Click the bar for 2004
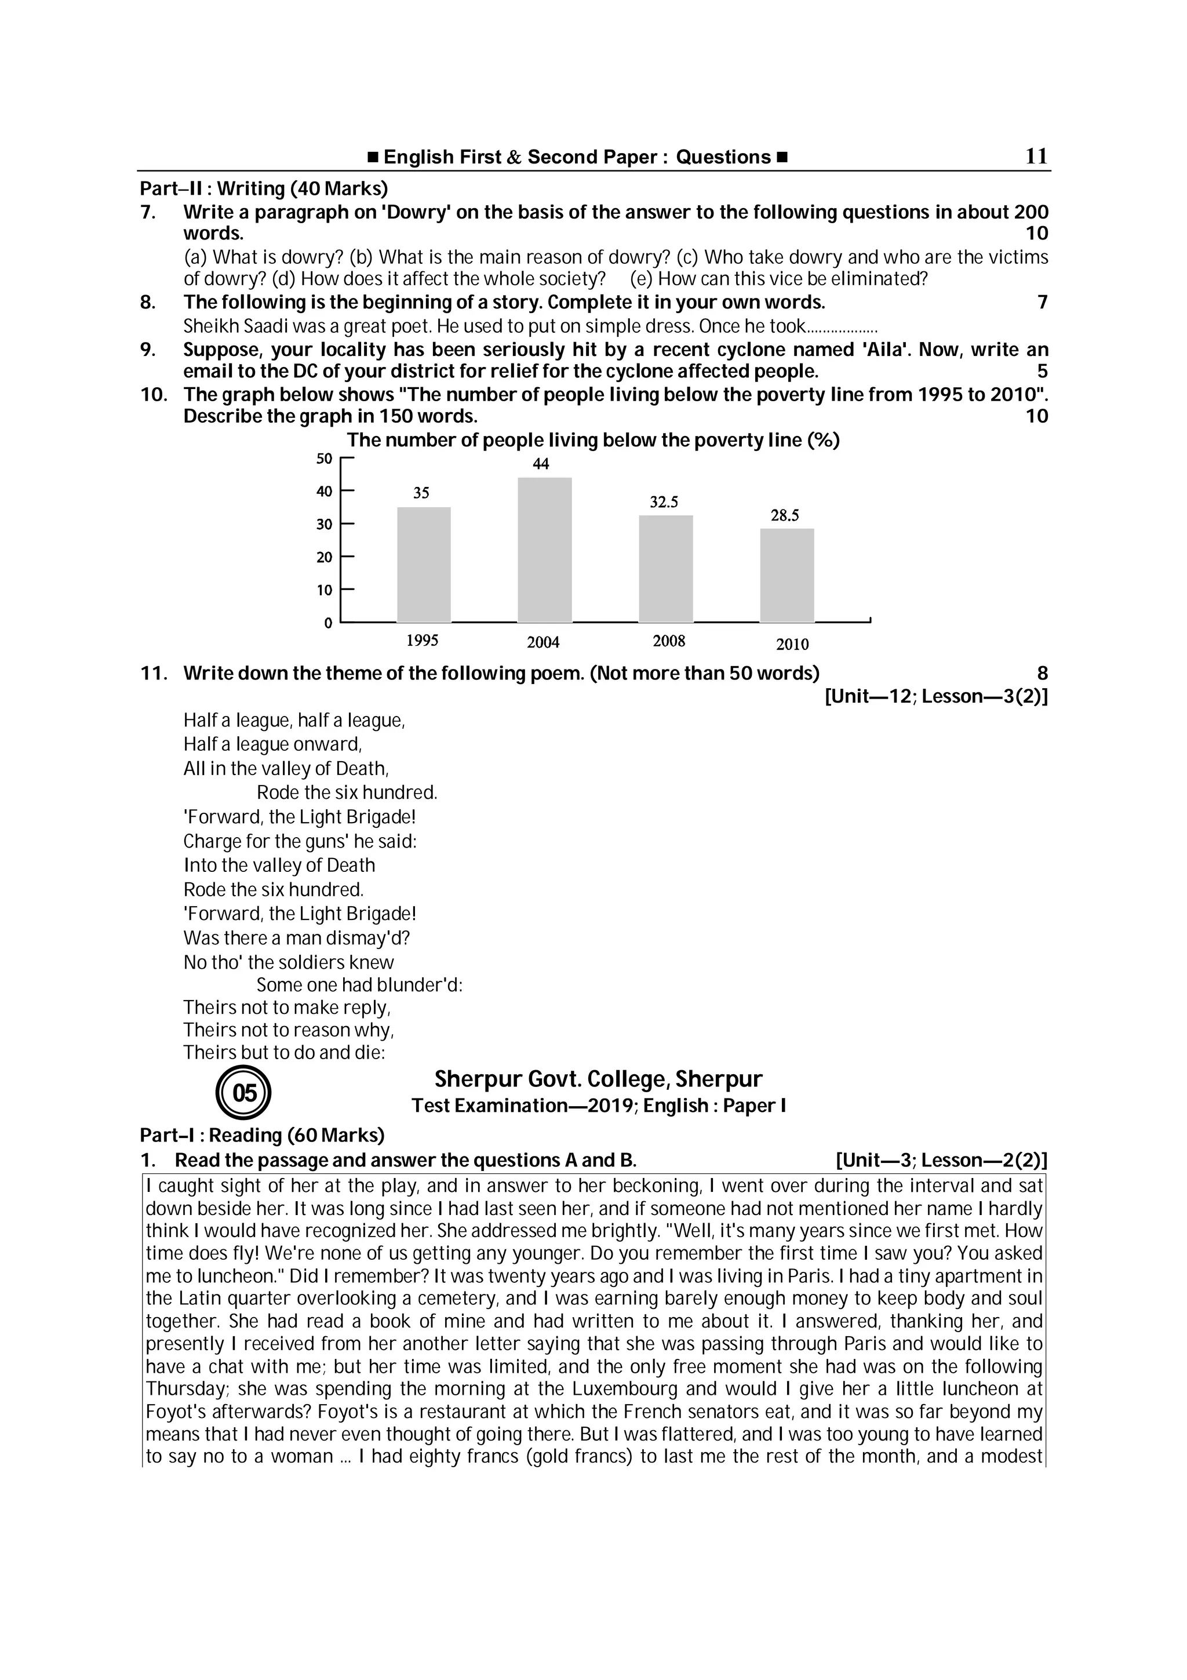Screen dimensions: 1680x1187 click(544, 550)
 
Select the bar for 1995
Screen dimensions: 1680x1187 click(424, 564)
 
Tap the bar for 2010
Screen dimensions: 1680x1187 click(787, 575)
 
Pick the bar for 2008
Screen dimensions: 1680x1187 click(665, 569)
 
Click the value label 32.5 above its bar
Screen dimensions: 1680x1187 click(664, 502)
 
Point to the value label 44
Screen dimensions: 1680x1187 click(541, 464)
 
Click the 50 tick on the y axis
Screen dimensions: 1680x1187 click(324, 459)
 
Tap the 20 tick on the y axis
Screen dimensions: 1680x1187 click(324, 558)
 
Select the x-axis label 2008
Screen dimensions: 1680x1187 click(668, 642)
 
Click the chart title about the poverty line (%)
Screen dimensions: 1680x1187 click(592, 441)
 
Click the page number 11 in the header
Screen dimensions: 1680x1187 click(1036, 156)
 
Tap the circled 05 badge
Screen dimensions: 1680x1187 click(243, 1093)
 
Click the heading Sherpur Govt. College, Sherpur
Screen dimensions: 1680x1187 click(598, 1079)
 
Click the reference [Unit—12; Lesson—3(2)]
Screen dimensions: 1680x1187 click(935, 697)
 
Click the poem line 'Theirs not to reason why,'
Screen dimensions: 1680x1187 click(289, 1030)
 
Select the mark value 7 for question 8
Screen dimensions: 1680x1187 click(1042, 302)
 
